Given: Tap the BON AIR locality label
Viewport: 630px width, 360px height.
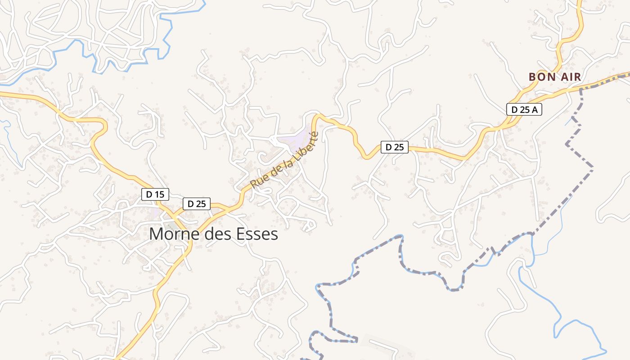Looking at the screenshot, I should tap(555, 77).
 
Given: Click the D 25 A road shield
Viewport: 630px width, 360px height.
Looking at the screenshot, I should tap(524, 109).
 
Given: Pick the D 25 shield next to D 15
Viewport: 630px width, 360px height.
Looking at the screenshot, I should tap(197, 204).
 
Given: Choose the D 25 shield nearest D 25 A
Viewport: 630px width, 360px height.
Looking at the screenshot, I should tap(395, 147).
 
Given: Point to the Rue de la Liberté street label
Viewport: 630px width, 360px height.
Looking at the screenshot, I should tap(284, 160).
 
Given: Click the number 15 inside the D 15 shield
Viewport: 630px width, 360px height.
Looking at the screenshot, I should tap(159, 194).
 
